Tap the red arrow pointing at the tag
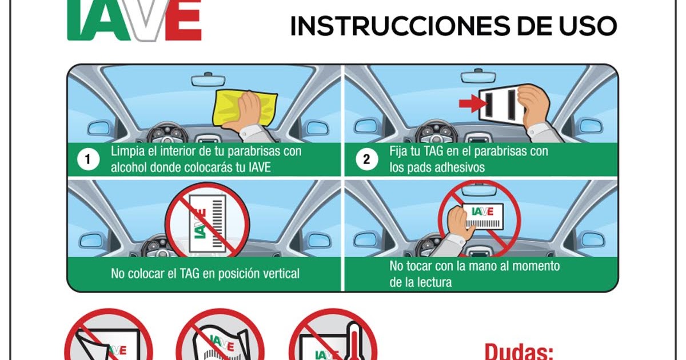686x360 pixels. pos(470,103)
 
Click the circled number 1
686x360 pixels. pos(87,160)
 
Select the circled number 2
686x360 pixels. pos(366,160)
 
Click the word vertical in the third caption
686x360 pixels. pos(280,274)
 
